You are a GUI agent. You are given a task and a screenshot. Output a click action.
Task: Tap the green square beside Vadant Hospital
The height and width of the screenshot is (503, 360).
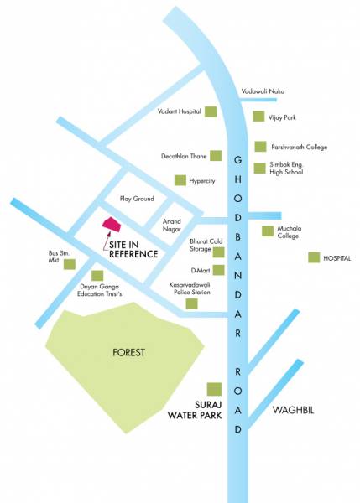(x=213, y=111)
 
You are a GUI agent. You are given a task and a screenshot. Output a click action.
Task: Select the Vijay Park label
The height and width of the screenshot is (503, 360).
(x=284, y=117)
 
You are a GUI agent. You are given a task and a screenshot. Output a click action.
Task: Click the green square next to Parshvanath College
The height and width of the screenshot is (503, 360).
(x=260, y=147)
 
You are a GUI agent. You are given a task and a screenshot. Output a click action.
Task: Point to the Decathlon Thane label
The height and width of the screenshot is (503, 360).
(x=184, y=156)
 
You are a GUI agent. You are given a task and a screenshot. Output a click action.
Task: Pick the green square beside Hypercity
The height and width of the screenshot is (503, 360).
(x=180, y=180)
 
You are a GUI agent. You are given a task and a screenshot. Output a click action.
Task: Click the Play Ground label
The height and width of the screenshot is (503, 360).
(x=138, y=199)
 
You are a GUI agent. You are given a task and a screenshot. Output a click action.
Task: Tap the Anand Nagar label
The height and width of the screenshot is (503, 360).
(x=171, y=226)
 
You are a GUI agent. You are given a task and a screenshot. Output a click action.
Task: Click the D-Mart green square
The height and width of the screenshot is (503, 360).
(x=219, y=270)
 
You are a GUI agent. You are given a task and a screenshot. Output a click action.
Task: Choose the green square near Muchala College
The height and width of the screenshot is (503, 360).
(x=268, y=231)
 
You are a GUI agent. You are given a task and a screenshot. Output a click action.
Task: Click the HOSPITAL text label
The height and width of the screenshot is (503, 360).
(x=337, y=258)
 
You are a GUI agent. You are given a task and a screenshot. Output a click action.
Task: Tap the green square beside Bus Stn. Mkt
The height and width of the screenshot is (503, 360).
(x=70, y=263)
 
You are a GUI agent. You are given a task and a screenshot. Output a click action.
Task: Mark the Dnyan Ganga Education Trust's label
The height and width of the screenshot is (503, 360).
(x=101, y=292)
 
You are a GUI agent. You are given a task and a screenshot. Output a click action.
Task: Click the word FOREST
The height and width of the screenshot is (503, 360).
(x=128, y=352)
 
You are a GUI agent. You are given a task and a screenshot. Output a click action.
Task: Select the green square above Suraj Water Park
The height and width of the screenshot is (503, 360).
(x=214, y=390)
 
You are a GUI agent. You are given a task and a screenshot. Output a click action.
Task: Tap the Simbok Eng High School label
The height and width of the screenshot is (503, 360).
(x=290, y=170)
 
